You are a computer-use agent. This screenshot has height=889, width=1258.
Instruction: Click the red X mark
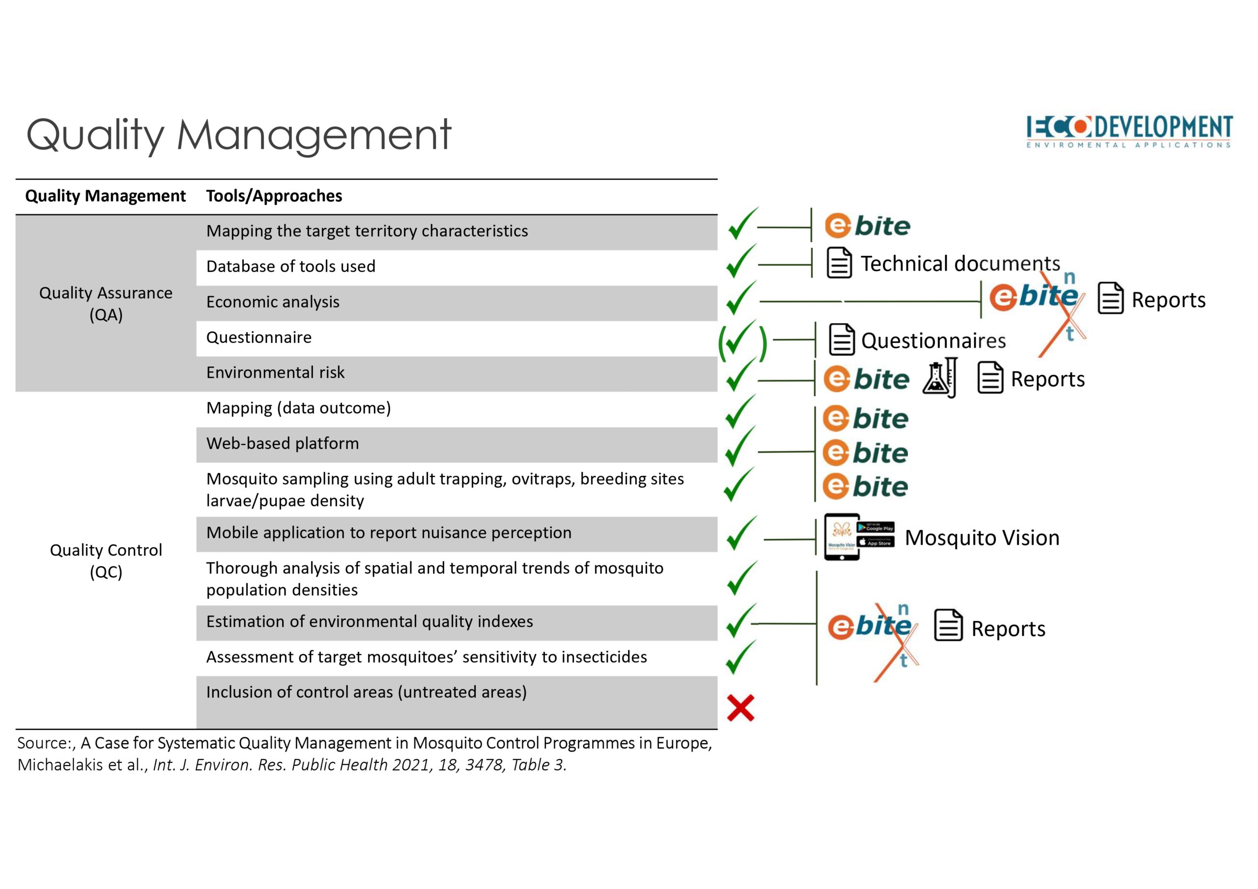tap(741, 708)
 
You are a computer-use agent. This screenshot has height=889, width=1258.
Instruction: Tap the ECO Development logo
tap(1129, 132)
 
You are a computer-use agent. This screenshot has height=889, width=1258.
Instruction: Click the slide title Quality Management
tap(239, 135)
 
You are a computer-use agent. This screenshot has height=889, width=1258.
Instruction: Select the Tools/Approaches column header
tap(274, 196)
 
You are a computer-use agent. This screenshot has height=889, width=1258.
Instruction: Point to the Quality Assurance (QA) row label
tap(106, 304)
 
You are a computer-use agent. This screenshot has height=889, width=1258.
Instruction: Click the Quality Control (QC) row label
tap(106, 560)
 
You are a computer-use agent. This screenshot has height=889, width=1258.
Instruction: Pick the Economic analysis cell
tap(457, 303)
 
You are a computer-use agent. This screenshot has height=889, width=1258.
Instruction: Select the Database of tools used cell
tap(457, 267)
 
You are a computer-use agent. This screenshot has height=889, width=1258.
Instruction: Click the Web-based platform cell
tap(457, 444)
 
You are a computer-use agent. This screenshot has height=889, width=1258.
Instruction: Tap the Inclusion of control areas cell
tap(457, 702)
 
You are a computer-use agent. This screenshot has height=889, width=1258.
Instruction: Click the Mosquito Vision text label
tap(982, 538)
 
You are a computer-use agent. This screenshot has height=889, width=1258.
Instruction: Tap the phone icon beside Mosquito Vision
tap(842, 537)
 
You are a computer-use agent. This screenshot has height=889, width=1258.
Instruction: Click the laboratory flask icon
tap(940, 378)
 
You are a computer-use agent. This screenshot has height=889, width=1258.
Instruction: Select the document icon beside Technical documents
tap(839, 263)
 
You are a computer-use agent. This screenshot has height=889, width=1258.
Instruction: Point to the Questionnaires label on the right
tap(933, 341)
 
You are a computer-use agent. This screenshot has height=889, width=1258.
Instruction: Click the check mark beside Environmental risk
tap(741, 375)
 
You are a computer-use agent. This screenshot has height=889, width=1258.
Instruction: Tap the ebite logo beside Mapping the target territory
tap(867, 225)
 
